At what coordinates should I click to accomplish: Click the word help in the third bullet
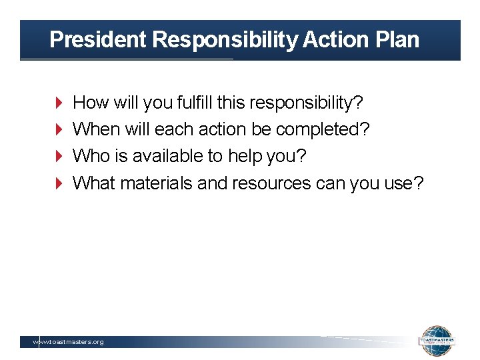point(246,156)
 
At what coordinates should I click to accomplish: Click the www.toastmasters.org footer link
point(69,342)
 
